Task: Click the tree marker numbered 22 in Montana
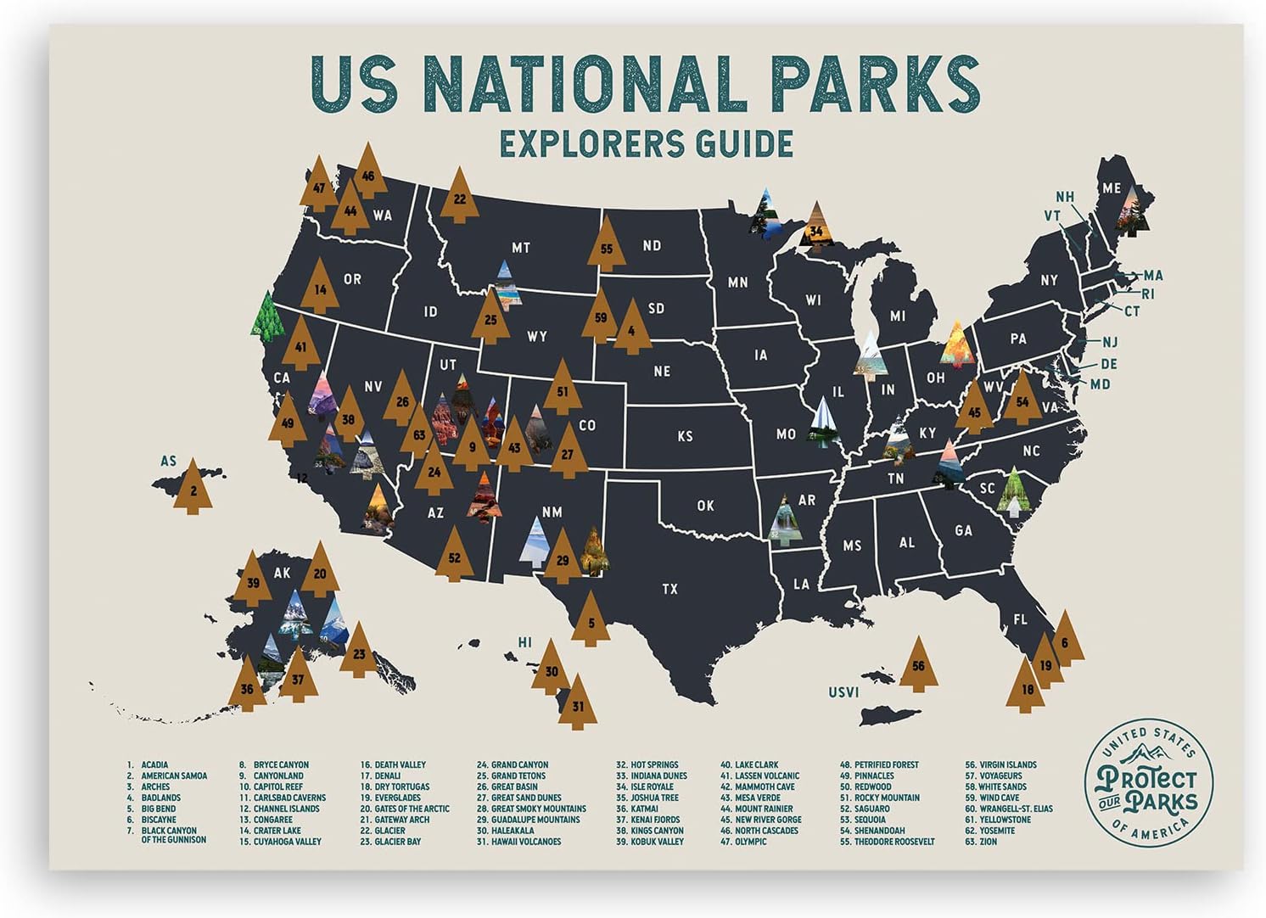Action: (459, 197)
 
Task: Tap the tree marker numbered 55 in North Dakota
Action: (606, 246)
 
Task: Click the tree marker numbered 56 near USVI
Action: (918, 664)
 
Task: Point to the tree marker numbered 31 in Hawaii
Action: (578, 703)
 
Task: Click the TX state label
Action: (669, 588)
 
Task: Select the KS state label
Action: (685, 436)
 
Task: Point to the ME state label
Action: (1111, 188)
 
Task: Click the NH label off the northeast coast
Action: (1065, 197)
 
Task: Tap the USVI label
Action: (843, 692)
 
